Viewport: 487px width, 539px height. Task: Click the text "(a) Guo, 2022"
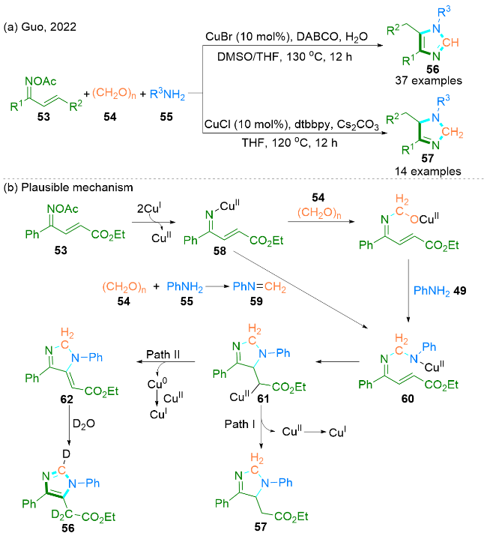pos(40,27)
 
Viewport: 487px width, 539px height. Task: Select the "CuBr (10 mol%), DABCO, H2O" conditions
pos(286,37)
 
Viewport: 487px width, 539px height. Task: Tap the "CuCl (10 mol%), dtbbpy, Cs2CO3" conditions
pos(291,124)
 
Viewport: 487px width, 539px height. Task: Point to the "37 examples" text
pos(429,80)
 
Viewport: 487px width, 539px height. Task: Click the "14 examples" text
pos(428,171)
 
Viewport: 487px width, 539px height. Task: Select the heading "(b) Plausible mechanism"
pos(68,187)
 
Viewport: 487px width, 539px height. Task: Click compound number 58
pos(220,251)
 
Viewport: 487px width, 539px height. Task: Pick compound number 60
pos(408,398)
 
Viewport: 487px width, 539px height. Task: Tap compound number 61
pos(263,399)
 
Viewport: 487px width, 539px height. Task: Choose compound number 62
pos(66,399)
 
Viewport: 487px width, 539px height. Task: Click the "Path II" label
pos(163,355)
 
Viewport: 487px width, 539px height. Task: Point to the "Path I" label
pos(240,424)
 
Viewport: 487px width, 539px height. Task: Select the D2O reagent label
pos(84,424)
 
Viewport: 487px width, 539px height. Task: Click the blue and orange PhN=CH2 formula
pos(259,286)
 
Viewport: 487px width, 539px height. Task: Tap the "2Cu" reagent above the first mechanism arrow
pos(149,208)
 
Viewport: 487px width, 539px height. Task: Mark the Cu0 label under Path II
pos(157,384)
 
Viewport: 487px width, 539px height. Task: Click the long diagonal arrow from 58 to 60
pos(300,289)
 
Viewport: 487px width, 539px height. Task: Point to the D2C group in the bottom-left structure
pos(62,514)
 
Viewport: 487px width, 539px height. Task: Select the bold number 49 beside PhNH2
pos(459,291)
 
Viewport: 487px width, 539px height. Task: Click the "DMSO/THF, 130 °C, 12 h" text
pos(285,57)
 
